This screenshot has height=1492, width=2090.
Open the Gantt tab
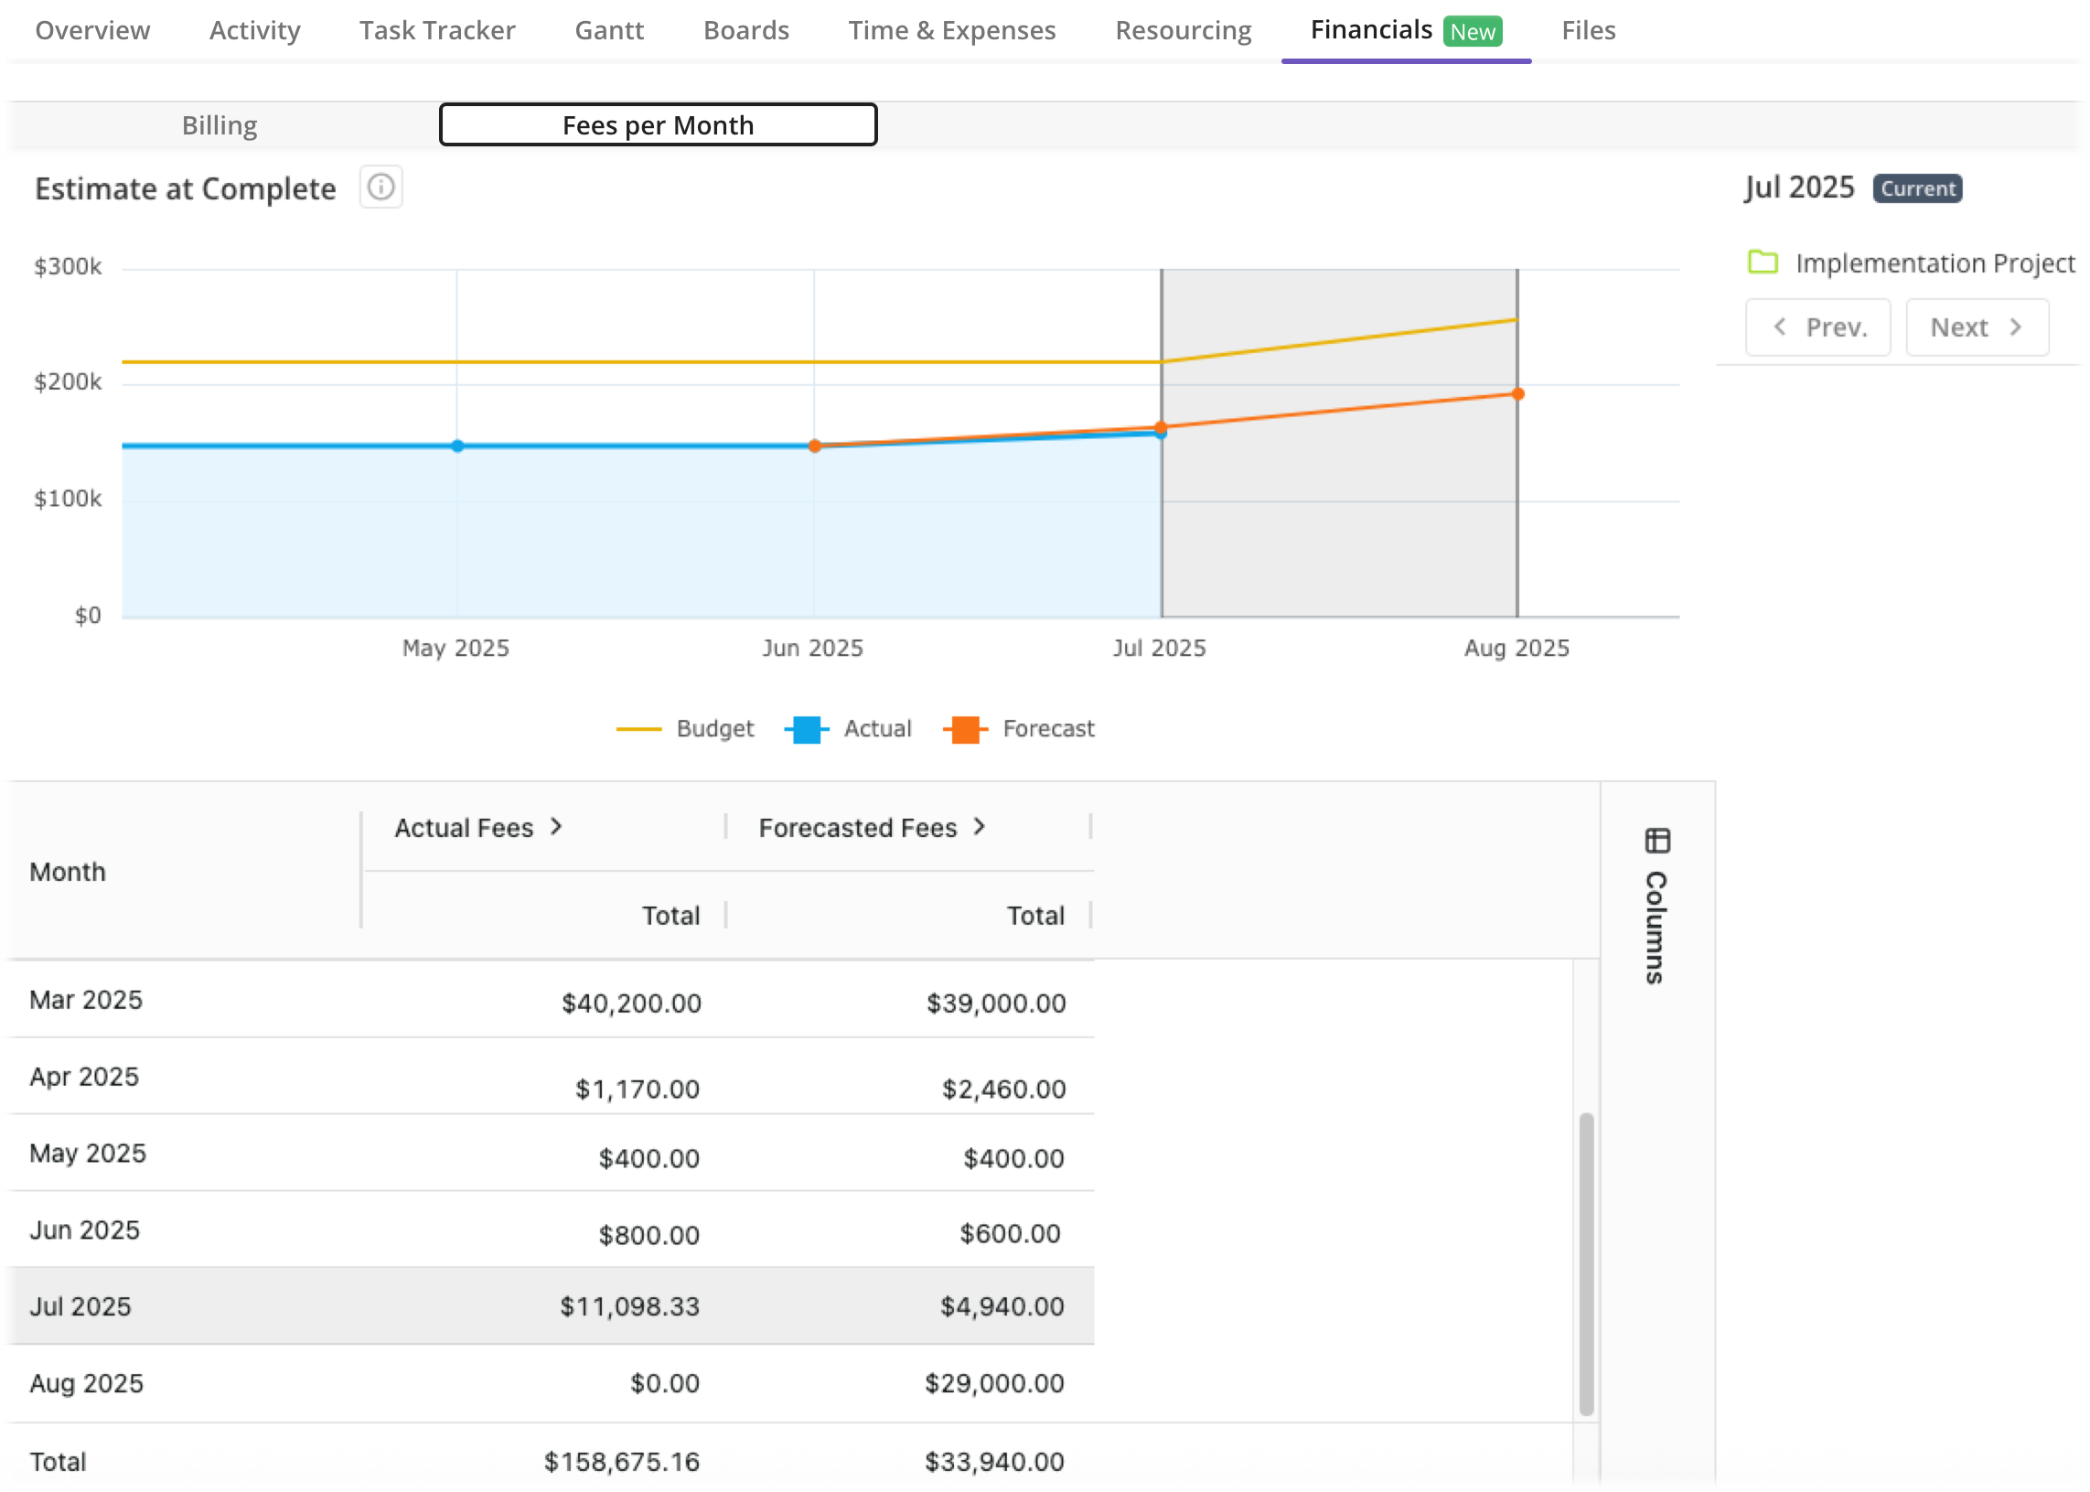pos(609,30)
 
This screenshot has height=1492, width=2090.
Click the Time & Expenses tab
pos(952,30)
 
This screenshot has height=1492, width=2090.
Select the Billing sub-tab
pos(219,125)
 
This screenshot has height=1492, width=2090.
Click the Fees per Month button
pos(658,125)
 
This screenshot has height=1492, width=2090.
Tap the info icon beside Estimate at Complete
pos(380,188)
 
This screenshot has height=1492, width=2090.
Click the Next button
pos(1976,327)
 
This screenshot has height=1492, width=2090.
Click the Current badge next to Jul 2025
pos(1916,188)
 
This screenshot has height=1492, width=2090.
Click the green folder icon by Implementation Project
pos(1762,262)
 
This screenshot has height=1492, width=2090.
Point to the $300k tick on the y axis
pos(67,266)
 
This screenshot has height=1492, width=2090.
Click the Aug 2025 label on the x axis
pos(1516,648)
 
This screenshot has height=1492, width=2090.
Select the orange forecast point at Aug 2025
pos(1517,394)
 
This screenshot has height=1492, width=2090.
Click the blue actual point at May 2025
pos(457,445)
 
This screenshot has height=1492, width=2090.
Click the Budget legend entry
pos(686,728)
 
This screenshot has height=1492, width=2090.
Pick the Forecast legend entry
pos(1020,728)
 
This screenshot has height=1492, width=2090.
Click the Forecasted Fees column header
pos(871,828)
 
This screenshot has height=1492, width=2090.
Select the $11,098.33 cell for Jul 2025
pos(629,1305)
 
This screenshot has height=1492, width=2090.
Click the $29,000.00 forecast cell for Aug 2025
pos(994,1382)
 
